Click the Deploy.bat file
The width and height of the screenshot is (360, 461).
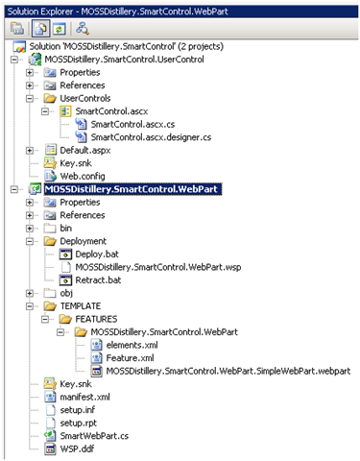pos(97,255)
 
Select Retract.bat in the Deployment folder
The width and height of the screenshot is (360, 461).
pos(98,280)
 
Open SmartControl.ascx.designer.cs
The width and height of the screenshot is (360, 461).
pos(151,137)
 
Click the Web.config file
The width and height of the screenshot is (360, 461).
pos(83,176)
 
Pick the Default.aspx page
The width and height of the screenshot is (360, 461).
pos(85,150)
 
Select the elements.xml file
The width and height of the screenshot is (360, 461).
pos(132,345)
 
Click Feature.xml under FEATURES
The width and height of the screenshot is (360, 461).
pos(130,358)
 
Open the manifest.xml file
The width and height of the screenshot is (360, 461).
pos(84,397)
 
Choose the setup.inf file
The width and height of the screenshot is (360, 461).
pos(78,410)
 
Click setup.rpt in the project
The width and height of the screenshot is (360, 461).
pos(78,423)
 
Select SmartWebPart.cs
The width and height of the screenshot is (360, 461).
pos(94,436)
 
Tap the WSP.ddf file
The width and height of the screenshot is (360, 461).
pos(77,449)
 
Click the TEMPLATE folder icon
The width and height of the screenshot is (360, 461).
pos(50,306)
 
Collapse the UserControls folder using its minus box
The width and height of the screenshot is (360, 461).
pos(30,98)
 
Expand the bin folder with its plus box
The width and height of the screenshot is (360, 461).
pos(30,229)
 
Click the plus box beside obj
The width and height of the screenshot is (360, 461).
pos(30,293)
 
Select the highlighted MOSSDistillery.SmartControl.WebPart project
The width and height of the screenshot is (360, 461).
pos(132,189)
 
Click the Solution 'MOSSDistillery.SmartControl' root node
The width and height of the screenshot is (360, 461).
pos(127,46)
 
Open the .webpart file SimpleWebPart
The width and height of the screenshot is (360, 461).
pos(228,371)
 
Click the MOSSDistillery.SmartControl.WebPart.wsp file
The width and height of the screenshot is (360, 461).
pos(158,267)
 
